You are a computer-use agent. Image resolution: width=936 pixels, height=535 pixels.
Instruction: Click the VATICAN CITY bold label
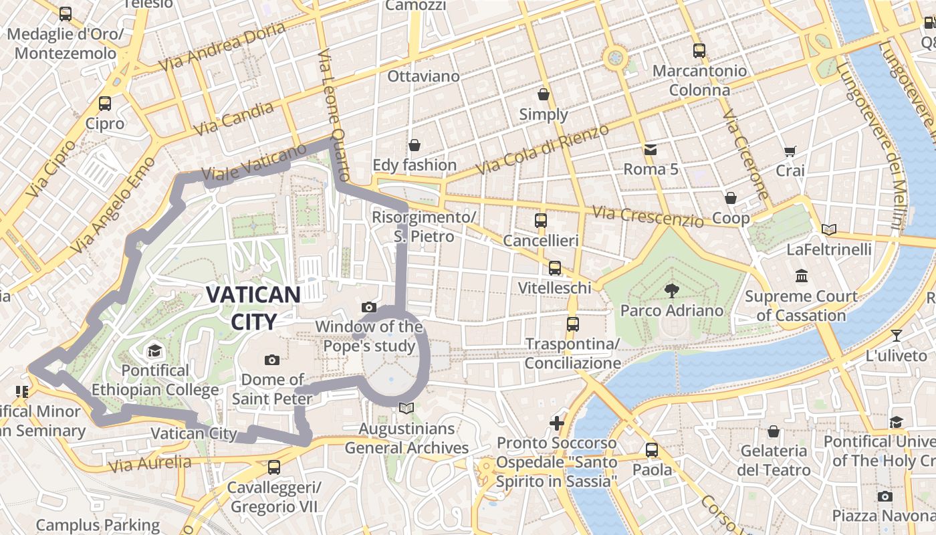tap(253, 308)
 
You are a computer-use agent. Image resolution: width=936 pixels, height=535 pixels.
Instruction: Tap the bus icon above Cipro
tap(105, 104)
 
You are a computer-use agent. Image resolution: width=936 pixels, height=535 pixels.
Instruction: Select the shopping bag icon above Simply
tap(544, 94)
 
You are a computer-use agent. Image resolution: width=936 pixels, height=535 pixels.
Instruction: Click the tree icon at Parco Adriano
tap(671, 290)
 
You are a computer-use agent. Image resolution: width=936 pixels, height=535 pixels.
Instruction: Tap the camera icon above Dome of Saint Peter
tap(271, 360)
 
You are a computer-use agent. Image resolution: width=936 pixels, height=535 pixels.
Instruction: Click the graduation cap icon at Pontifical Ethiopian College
tap(155, 350)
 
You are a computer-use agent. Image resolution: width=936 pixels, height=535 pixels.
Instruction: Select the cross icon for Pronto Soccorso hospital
tap(556, 423)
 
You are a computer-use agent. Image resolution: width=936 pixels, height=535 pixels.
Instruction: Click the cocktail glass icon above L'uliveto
tap(896, 336)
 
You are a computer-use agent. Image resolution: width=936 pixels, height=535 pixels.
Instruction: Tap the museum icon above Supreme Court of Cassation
tap(801, 276)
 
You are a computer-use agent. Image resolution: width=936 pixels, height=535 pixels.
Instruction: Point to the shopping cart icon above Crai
tap(790, 151)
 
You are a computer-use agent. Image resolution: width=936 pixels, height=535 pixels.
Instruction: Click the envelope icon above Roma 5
tap(651, 149)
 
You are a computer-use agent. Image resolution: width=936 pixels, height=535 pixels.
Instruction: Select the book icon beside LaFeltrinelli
tap(829, 230)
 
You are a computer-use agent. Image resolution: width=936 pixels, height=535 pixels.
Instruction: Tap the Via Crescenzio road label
tap(648, 215)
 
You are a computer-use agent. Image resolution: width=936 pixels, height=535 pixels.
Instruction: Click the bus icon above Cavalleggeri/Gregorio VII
tap(273, 467)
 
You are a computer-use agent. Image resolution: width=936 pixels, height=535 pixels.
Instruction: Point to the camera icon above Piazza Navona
tap(885, 496)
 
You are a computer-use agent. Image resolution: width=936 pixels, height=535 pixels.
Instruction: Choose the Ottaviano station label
tap(424, 76)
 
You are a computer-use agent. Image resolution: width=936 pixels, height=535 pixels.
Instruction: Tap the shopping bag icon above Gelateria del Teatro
tap(774, 431)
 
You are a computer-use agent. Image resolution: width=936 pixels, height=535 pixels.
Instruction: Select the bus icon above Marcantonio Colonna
tap(699, 50)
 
